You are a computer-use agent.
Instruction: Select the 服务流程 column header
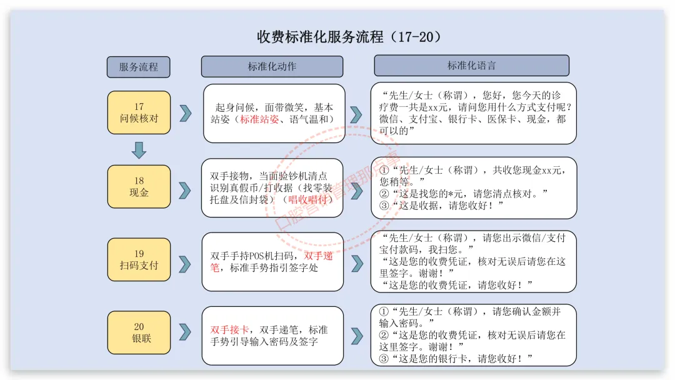tap(138, 67)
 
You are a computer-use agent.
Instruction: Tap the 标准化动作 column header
tap(272, 66)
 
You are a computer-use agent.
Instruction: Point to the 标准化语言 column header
tap(471, 66)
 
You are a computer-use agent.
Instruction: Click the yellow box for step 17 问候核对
tap(139, 112)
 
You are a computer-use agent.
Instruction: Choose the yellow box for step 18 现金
tap(139, 186)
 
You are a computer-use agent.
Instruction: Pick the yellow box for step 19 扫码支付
tap(139, 259)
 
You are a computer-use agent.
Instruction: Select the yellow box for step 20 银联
tap(139, 332)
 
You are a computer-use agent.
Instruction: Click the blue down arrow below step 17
tap(139, 150)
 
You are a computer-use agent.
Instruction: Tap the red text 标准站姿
tap(259, 119)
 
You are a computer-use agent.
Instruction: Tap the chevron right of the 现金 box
tap(184, 189)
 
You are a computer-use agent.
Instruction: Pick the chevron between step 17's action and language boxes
tap(356, 114)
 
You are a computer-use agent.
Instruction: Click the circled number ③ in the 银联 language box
tap(384, 359)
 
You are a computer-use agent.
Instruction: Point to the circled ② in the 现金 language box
tap(384, 193)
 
